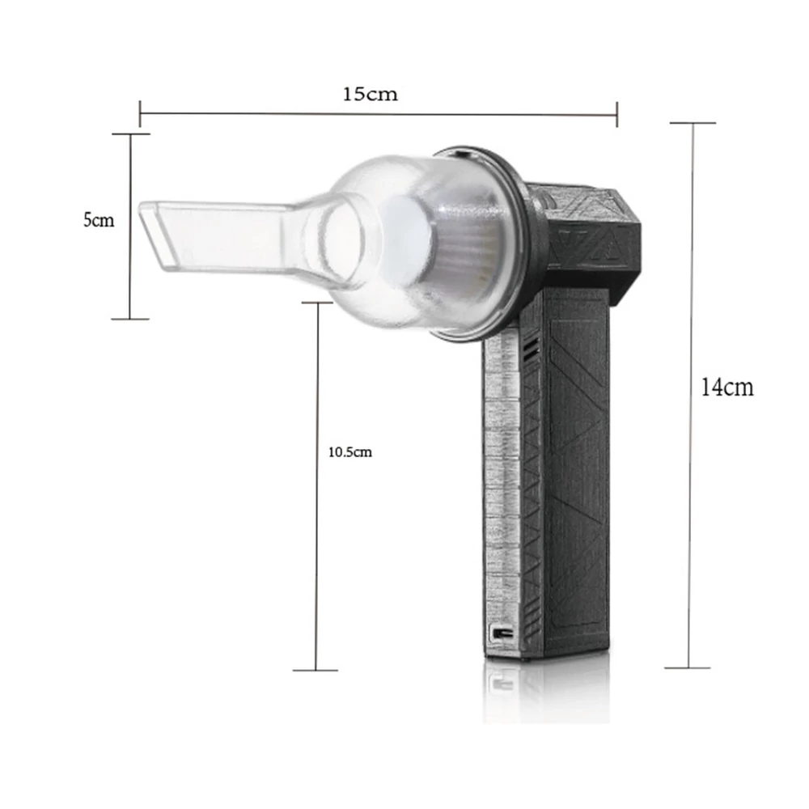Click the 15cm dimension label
pyautogui.click(x=370, y=95)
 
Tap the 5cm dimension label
pyautogui.click(x=99, y=220)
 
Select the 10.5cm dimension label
pyautogui.click(x=350, y=452)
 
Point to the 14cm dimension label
pyautogui.click(x=727, y=387)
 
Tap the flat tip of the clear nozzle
pyautogui.click(x=150, y=235)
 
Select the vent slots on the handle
pyautogui.click(x=531, y=350)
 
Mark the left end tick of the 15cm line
pyautogui.click(x=140, y=114)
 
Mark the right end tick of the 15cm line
pyautogui.click(x=617, y=115)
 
